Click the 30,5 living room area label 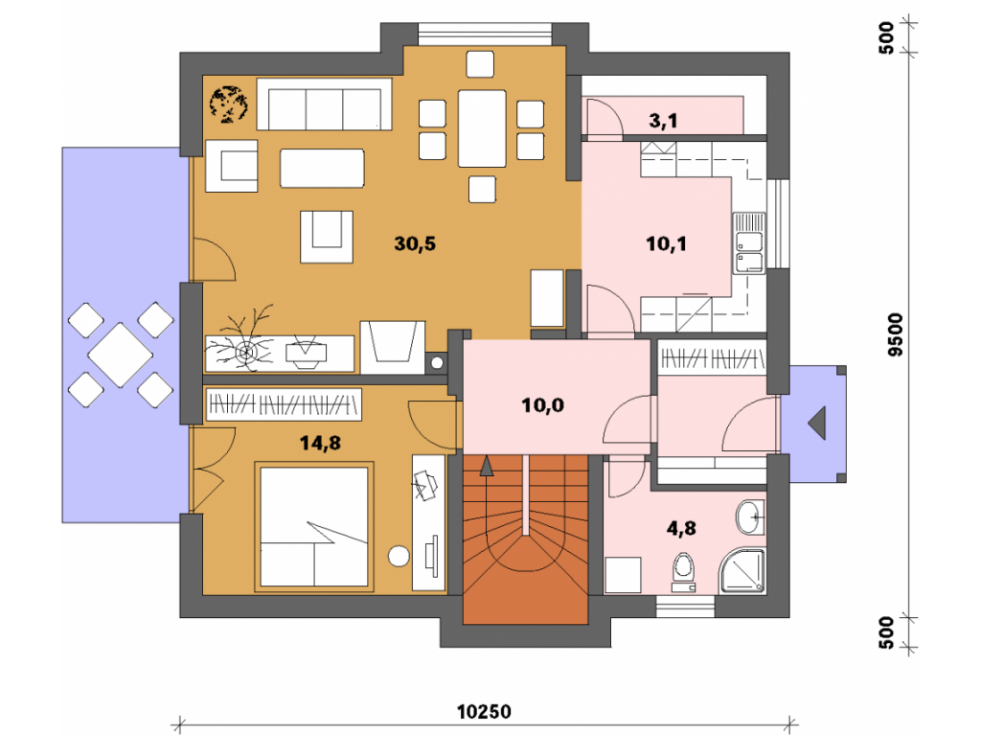(415, 242)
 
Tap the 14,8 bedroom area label (320, 443)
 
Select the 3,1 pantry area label (663, 120)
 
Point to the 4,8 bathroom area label (681, 528)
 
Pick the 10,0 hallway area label (542, 405)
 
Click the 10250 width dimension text (484, 712)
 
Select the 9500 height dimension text (896, 334)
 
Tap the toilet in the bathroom (683, 571)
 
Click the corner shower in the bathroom (742, 571)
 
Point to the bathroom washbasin (751, 517)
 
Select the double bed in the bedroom (314, 526)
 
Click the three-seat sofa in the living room (325, 103)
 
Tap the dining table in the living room (482, 128)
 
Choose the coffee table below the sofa (322, 168)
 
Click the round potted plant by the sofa (228, 103)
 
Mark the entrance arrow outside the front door (817, 423)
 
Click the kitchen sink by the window (749, 242)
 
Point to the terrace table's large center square (120, 355)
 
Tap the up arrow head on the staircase (486, 467)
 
